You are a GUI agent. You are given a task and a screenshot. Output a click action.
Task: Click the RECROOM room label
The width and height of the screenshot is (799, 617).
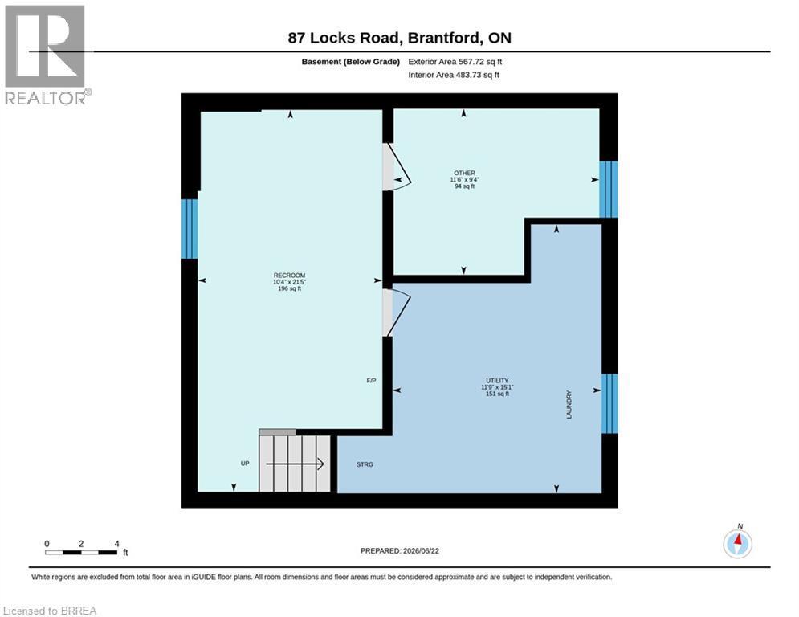289,276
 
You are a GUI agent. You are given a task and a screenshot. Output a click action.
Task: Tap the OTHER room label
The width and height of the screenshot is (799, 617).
464,173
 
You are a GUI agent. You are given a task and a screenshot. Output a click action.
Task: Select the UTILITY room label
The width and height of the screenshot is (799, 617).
497,380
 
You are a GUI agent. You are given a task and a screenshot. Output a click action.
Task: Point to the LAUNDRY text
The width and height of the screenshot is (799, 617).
569,405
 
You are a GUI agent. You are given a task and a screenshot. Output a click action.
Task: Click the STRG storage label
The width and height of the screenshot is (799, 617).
365,464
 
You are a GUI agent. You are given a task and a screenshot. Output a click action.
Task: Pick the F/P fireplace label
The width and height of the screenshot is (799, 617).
372,380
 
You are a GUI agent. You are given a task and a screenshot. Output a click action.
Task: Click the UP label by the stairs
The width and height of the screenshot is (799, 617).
245,464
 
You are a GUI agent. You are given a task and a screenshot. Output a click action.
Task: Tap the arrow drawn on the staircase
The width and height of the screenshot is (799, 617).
295,464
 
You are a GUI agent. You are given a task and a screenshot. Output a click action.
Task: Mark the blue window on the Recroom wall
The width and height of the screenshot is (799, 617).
190,228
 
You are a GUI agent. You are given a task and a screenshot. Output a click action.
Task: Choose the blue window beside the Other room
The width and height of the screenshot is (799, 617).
609,189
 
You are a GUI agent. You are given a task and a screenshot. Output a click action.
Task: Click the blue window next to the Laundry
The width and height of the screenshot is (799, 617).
609,404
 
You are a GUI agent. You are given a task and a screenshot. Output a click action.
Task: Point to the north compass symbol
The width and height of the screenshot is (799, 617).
737,543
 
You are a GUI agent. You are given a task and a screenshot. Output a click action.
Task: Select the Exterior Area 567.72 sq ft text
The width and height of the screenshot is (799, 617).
455,62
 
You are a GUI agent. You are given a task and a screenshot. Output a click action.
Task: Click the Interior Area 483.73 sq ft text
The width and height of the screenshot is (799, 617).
454,75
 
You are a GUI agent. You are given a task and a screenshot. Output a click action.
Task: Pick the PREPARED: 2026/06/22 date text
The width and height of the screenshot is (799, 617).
400,550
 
